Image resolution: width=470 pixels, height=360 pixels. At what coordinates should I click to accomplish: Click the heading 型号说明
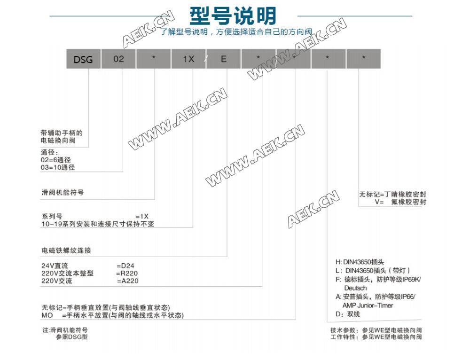[233, 16]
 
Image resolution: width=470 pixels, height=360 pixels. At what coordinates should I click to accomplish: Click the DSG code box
[83, 60]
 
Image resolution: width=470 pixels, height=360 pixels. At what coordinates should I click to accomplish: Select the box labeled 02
[118, 60]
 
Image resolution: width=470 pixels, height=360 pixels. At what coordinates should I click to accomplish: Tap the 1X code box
[188, 60]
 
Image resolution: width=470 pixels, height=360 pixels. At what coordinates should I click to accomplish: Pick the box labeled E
[224, 60]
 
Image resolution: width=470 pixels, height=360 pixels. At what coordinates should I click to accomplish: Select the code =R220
[127, 273]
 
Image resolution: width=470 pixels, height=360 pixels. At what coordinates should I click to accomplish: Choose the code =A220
[128, 281]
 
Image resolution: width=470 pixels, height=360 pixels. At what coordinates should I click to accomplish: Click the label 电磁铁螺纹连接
[66, 250]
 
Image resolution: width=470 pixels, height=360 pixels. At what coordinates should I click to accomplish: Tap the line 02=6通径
[58, 160]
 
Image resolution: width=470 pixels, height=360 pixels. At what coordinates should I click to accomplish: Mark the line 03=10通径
[58, 167]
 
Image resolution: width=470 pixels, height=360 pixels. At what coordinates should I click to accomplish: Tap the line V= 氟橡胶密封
[400, 202]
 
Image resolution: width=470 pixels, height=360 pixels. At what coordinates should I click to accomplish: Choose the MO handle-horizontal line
[112, 315]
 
